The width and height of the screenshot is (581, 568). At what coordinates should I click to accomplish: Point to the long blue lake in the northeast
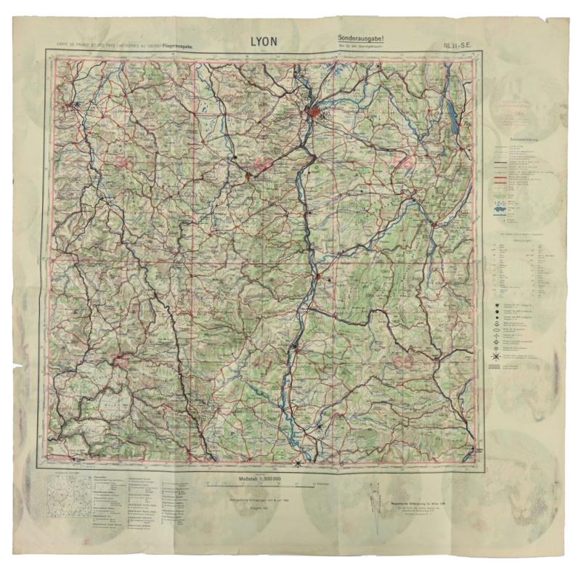[454, 116]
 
